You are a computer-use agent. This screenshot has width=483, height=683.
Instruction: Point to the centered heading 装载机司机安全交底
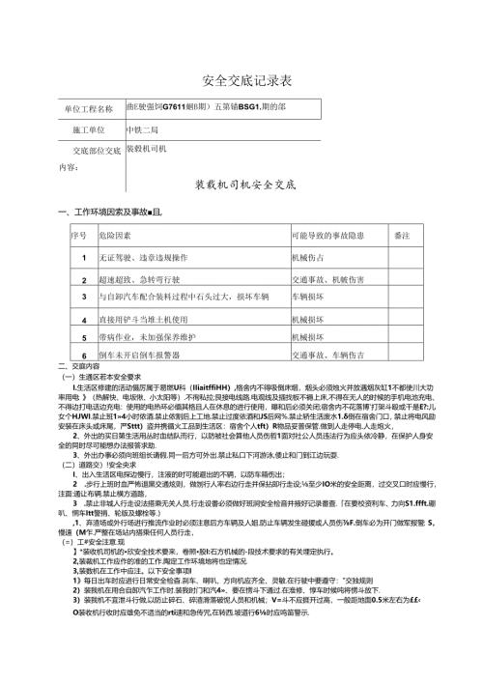(x=241, y=183)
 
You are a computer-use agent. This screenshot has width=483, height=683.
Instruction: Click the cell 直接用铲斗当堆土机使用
(x=147, y=316)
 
